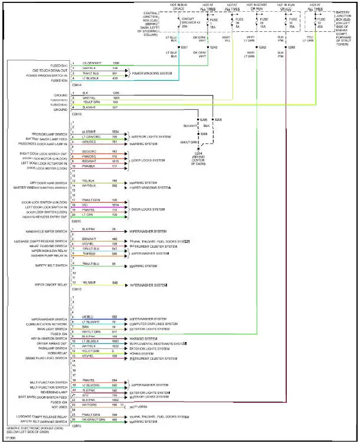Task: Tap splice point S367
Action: (x=184, y=47)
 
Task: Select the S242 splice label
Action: (x=214, y=47)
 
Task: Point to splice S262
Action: (x=262, y=47)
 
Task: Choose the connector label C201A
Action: (x=77, y=84)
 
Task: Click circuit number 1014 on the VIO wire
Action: (x=115, y=205)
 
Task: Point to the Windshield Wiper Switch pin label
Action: (x=47, y=231)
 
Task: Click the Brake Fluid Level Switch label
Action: (x=47, y=357)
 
